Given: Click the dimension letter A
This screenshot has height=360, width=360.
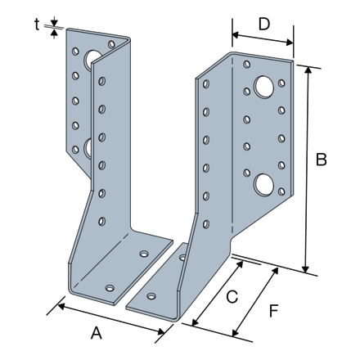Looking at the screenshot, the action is (x=97, y=333).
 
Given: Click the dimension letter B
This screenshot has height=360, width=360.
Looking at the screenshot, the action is (x=321, y=160).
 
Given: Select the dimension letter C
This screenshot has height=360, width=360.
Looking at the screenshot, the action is (x=232, y=297).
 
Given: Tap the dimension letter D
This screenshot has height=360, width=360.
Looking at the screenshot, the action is (x=264, y=24).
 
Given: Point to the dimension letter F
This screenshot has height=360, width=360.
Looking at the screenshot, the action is (x=273, y=311).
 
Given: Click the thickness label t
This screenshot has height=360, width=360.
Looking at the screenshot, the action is (x=37, y=25).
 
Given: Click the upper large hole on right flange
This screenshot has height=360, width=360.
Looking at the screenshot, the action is (x=264, y=87).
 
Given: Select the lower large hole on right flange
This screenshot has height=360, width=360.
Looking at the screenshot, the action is (x=264, y=185).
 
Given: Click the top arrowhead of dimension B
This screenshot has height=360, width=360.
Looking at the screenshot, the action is (x=308, y=70).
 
